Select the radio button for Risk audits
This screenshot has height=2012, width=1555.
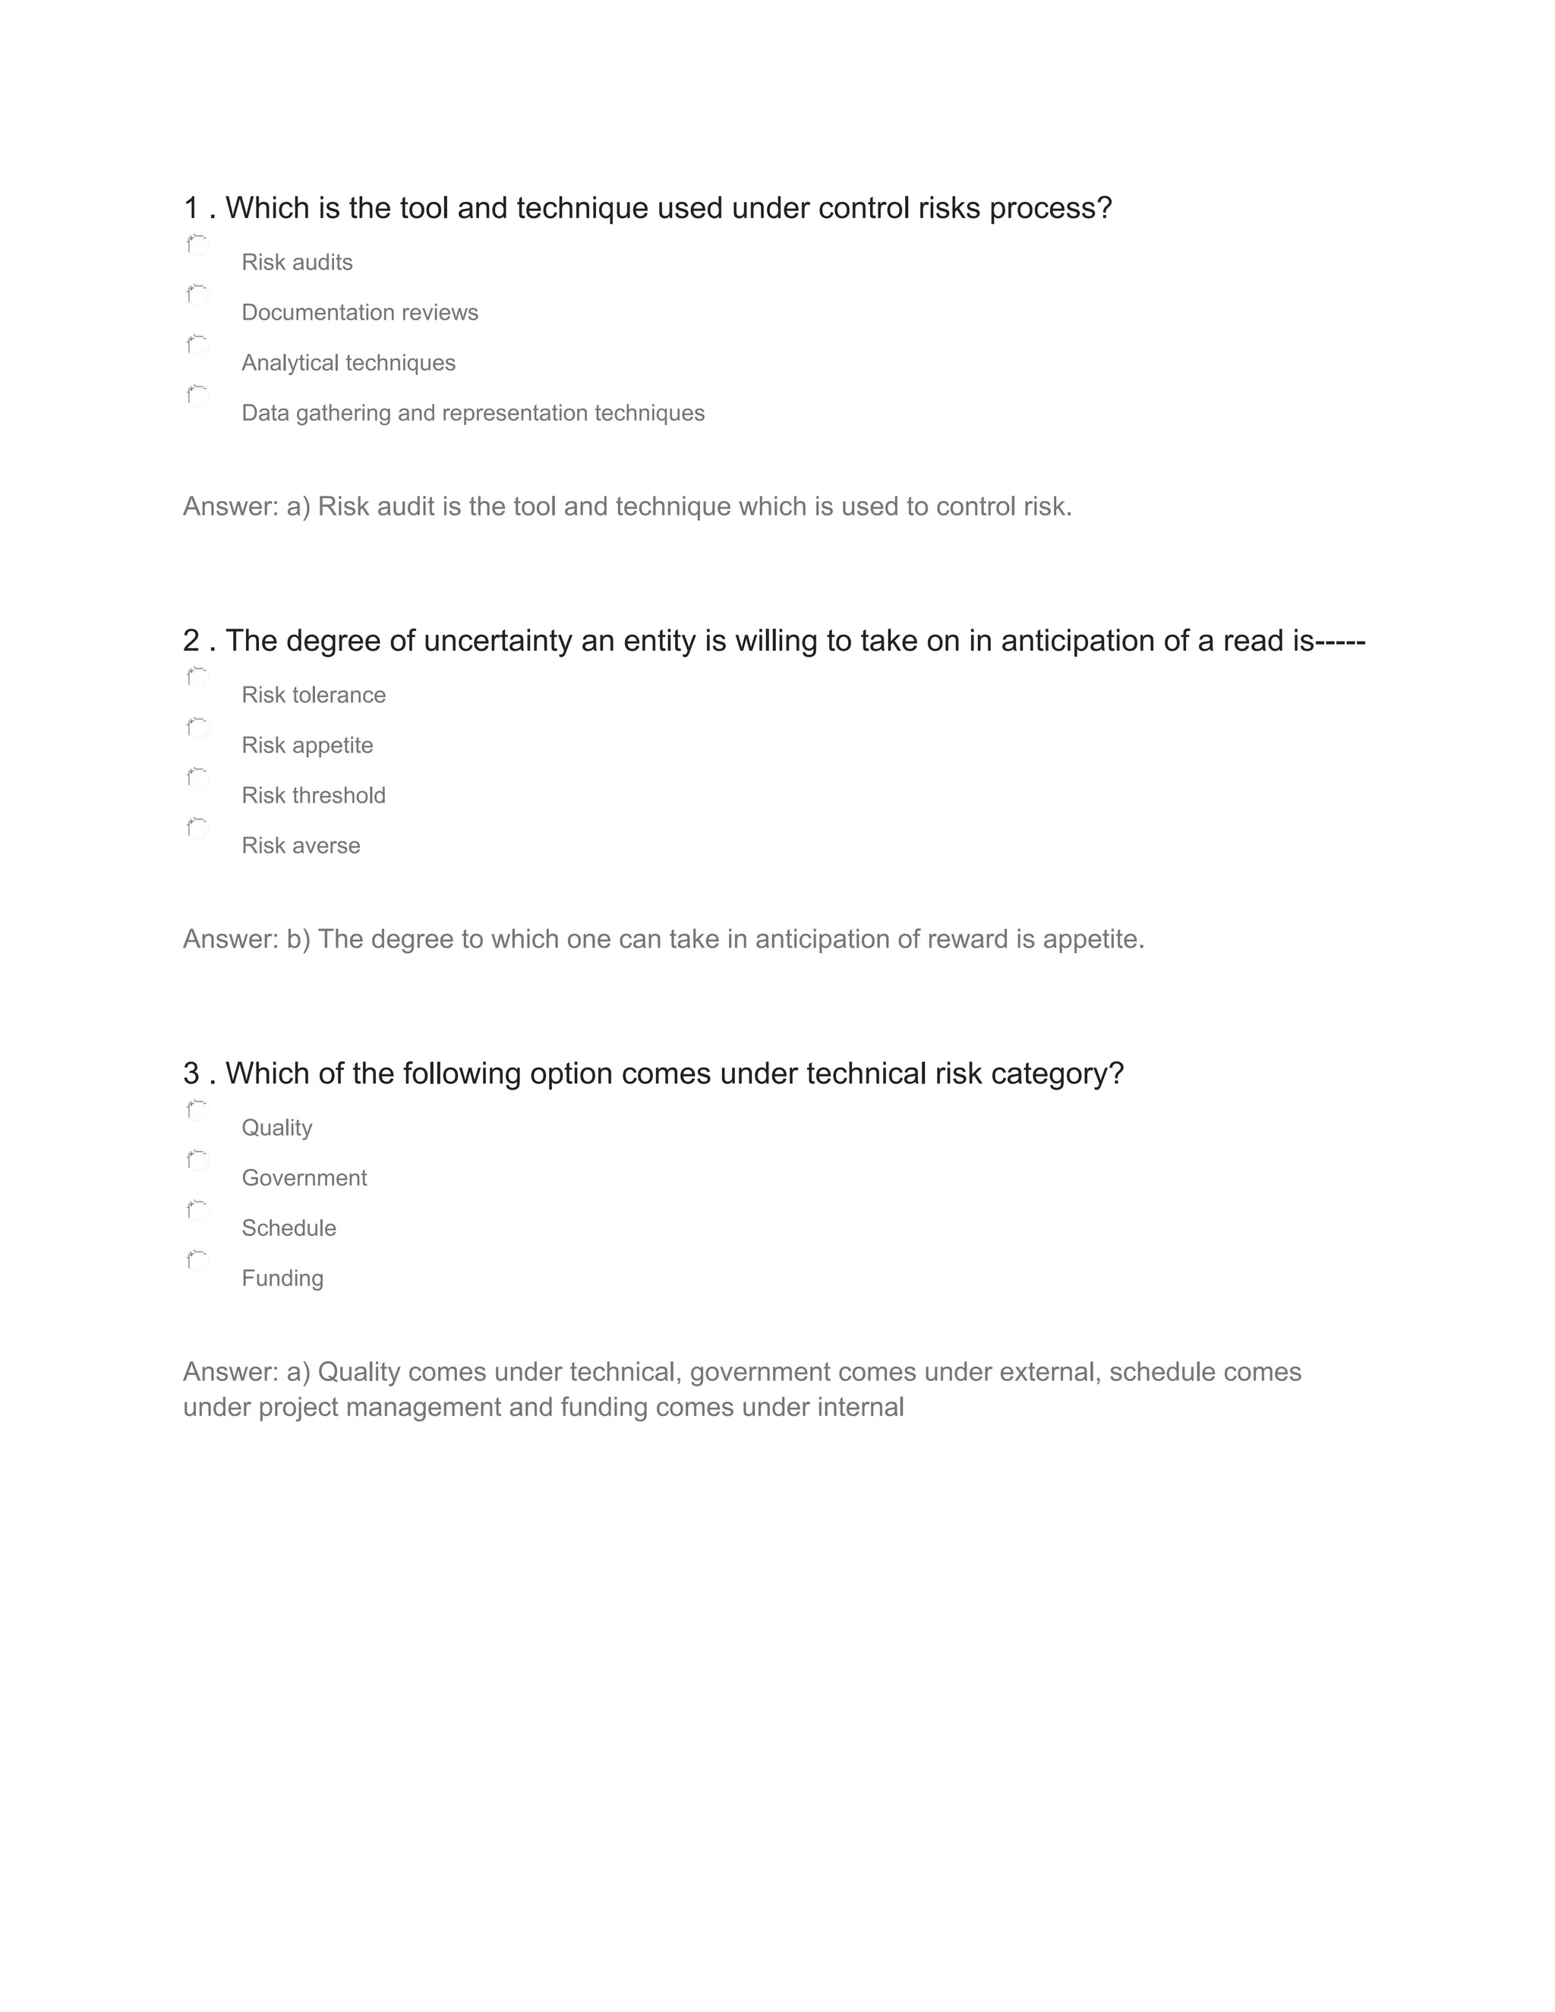(198, 246)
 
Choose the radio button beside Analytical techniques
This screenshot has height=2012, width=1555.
(198, 346)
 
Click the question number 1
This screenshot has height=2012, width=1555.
(191, 208)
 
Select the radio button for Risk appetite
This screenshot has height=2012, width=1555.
(198, 729)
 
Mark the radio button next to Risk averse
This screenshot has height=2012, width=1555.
(198, 829)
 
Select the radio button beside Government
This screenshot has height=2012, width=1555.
(198, 1161)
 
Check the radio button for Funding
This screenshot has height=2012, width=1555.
(198, 1261)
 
